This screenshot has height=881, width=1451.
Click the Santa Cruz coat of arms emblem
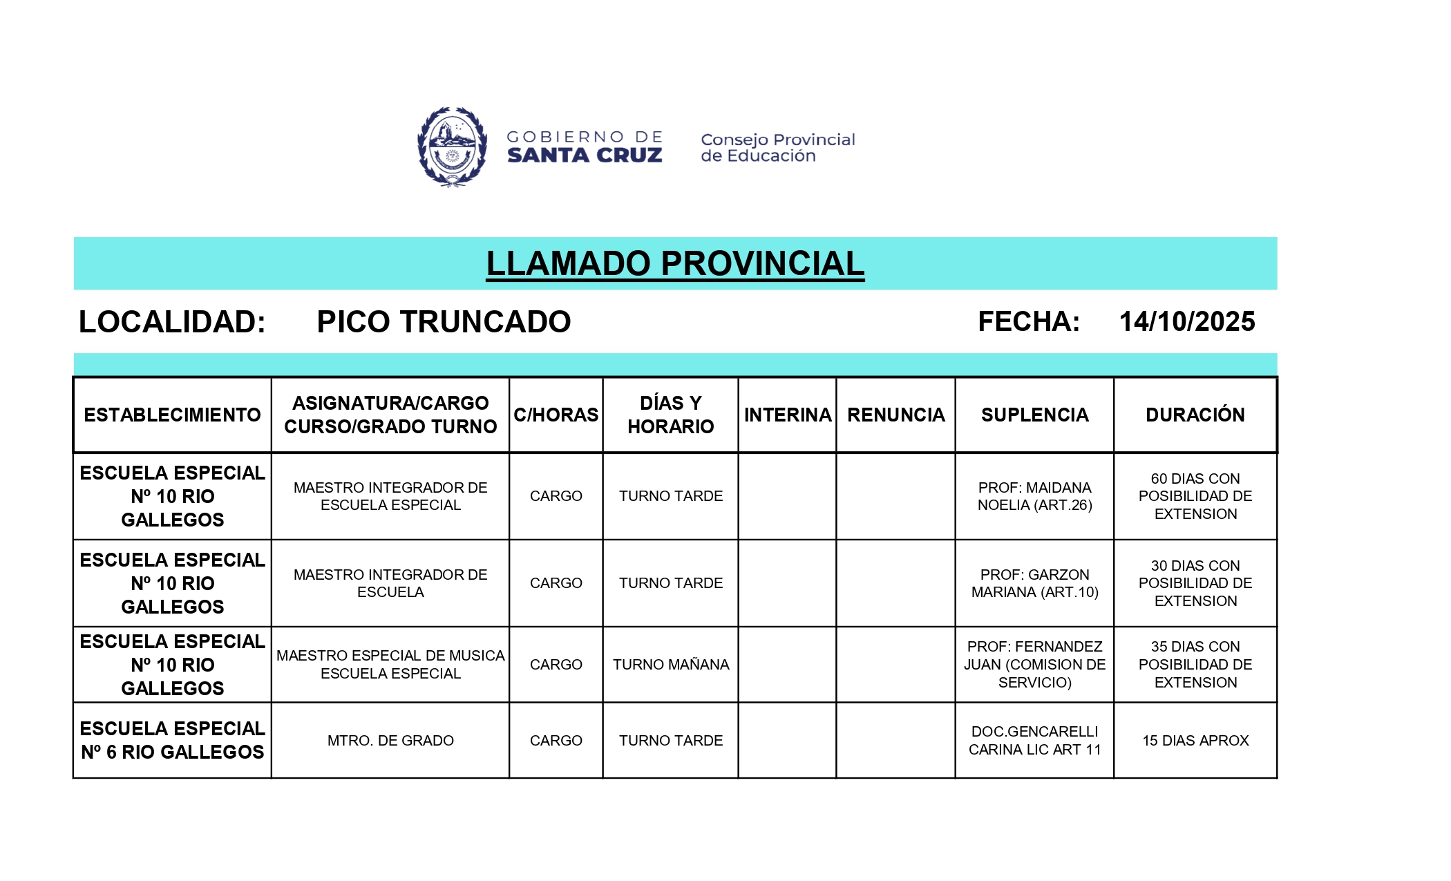pyautogui.click(x=452, y=146)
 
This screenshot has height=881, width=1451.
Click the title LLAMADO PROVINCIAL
pyautogui.click(x=675, y=263)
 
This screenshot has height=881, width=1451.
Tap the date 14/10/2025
pyautogui.click(x=1186, y=321)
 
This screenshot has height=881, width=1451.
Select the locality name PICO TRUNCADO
pyautogui.click(x=444, y=322)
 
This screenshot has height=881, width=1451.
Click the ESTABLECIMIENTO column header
pyautogui.click(x=172, y=415)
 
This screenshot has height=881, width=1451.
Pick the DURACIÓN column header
pyautogui.click(x=1195, y=415)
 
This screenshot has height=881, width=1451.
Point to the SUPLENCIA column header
pyautogui.click(x=1034, y=415)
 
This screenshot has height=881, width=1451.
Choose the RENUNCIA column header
pyautogui.click(x=895, y=415)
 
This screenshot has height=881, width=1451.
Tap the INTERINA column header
pyautogui.click(x=787, y=415)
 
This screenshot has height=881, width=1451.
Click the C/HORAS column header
pyautogui.click(x=556, y=415)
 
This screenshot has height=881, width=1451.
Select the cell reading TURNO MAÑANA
pyautogui.click(x=670, y=665)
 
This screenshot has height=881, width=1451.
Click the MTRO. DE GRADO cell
pyautogui.click(x=390, y=741)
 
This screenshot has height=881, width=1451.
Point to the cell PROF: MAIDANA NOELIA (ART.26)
pyautogui.click(x=1034, y=496)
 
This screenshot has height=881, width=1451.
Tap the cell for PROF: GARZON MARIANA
pyautogui.click(x=1034, y=583)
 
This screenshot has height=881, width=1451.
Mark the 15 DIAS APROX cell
pyautogui.click(x=1195, y=741)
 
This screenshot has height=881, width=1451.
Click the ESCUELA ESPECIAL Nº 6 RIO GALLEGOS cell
pyautogui.click(x=172, y=740)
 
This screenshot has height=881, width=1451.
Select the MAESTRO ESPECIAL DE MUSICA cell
pyautogui.click(x=390, y=665)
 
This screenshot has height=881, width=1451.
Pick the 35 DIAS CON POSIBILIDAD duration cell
pyautogui.click(x=1195, y=665)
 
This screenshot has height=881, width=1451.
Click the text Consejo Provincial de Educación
pyautogui.click(x=777, y=148)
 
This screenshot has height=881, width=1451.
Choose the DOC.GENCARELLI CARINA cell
pyautogui.click(x=1034, y=741)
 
